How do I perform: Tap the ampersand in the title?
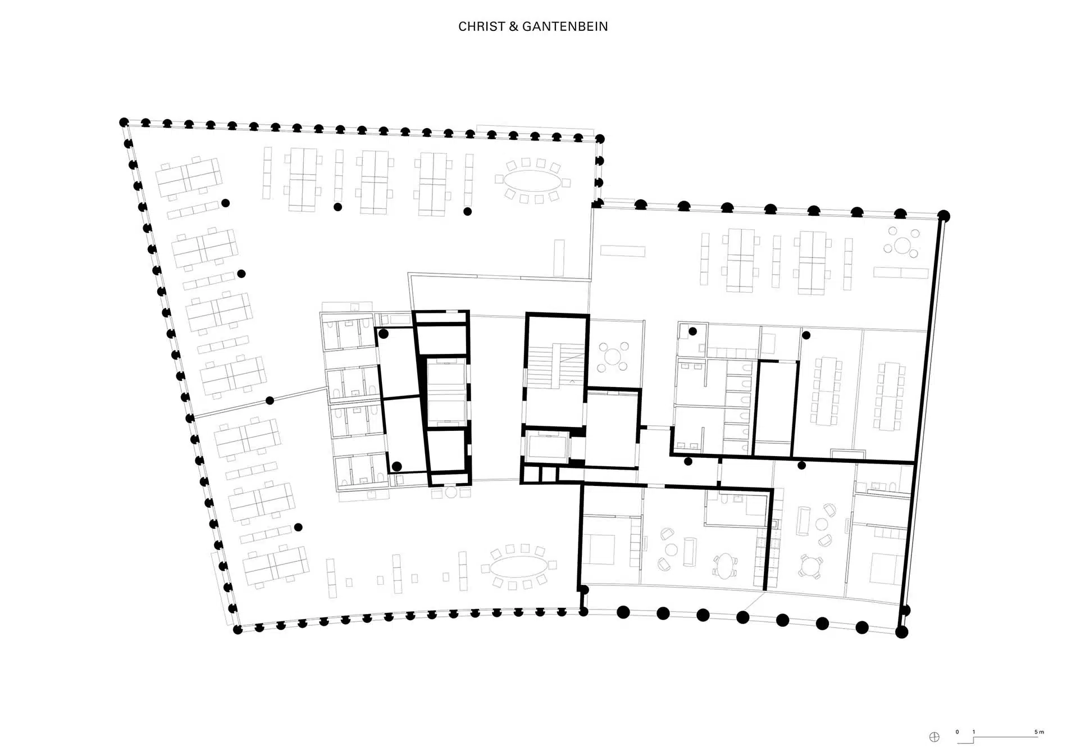514,26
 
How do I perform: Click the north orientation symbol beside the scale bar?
934,738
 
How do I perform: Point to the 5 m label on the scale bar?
1039,732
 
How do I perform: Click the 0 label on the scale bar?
957,732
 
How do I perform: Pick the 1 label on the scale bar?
974,732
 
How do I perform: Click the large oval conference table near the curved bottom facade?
519,567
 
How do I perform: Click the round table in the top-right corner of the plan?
903,245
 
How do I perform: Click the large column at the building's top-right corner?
944,216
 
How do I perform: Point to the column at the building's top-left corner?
124,122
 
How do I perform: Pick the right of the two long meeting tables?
890,397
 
